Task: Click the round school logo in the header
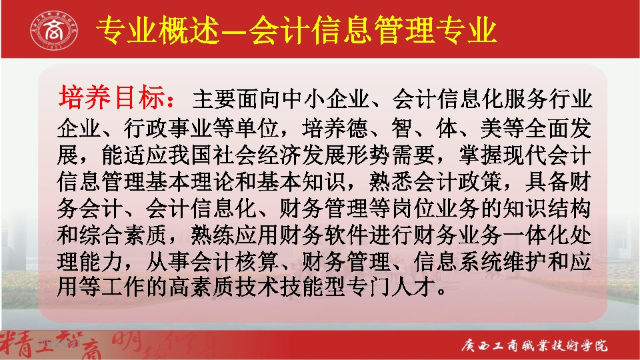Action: coord(54,30)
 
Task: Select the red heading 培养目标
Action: coord(112,97)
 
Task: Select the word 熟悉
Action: coord(391,181)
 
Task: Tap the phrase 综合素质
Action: coord(124,235)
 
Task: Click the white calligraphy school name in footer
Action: coord(534,345)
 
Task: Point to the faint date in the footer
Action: coord(59,343)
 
